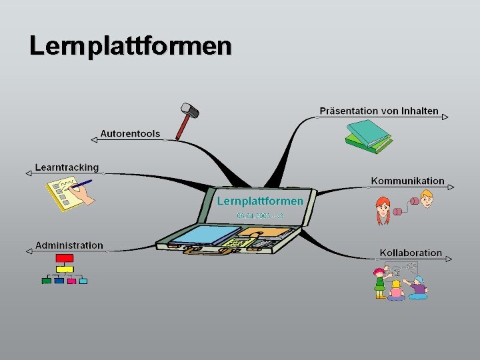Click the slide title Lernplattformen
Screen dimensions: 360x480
(131, 46)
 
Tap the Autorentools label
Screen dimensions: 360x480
(130, 134)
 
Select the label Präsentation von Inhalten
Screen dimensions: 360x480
(379, 111)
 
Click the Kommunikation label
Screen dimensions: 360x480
(407, 181)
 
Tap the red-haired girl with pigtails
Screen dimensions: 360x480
(383, 209)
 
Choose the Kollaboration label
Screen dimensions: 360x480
(411, 253)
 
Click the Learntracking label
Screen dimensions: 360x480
(67, 168)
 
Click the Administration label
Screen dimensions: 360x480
(69, 245)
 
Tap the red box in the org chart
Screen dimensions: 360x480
(64, 258)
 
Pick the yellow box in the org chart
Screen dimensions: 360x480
(64, 269)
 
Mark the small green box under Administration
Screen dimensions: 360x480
(46, 281)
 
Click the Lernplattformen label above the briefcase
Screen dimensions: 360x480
(260, 201)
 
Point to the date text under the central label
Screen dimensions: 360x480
(260, 215)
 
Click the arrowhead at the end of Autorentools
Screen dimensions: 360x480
(94, 139)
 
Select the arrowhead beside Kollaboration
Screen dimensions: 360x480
(449, 259)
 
